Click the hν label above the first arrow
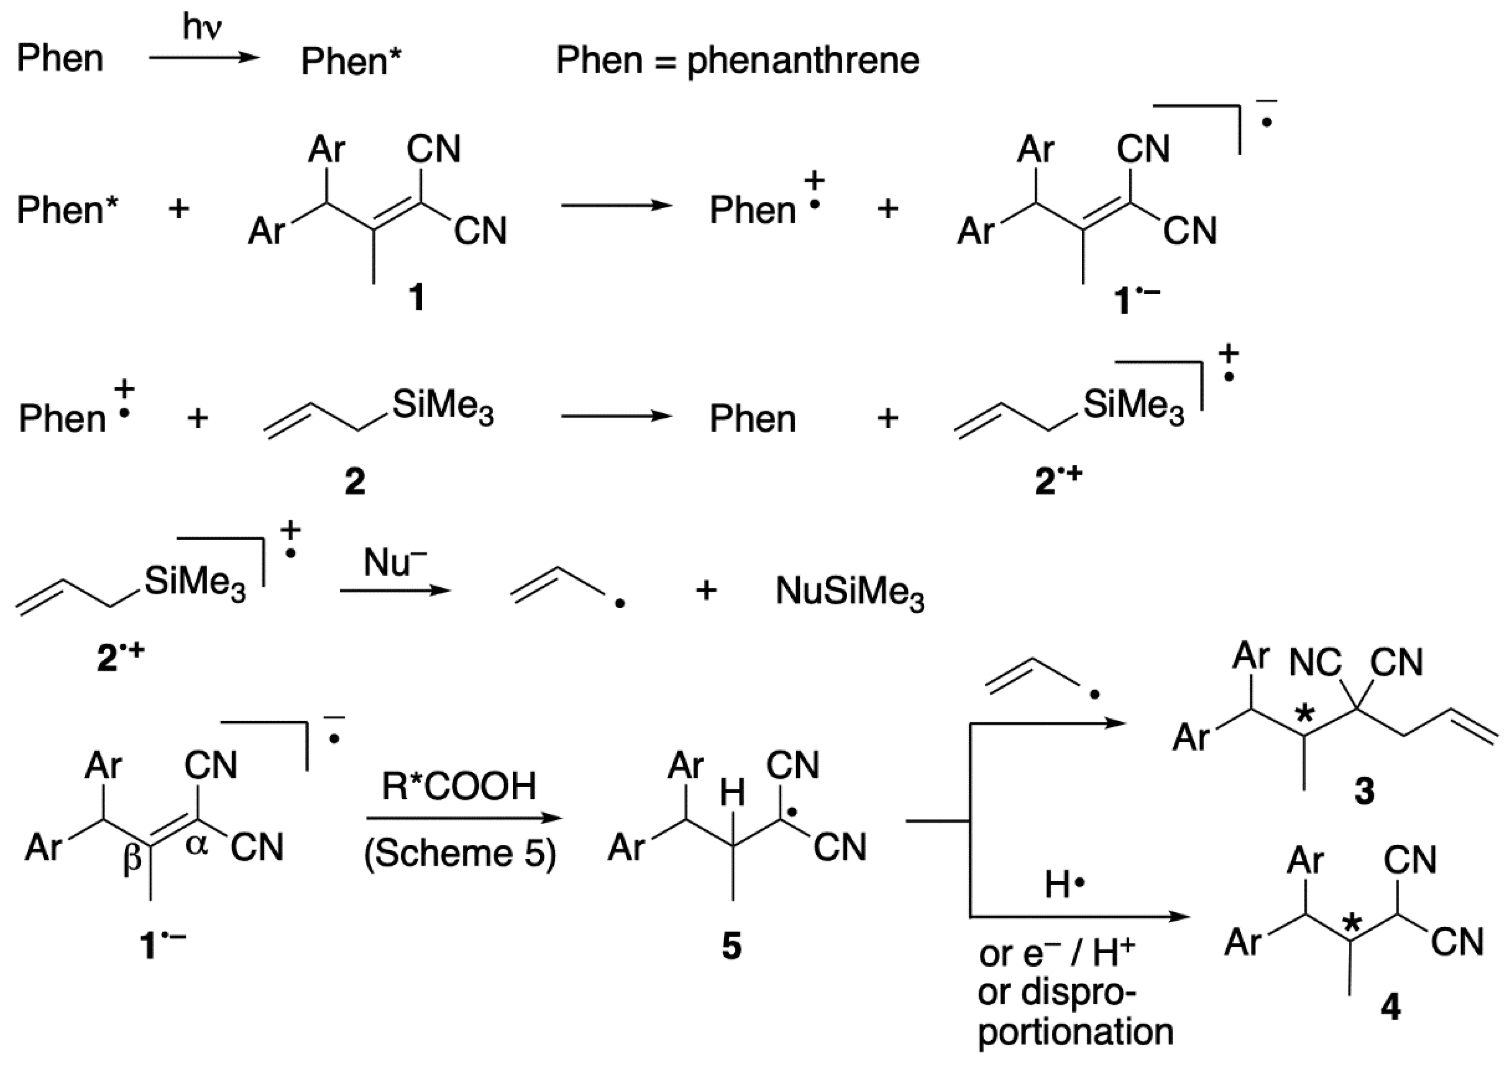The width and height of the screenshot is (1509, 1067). point(202,28)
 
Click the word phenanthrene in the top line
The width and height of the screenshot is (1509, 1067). point(803,61)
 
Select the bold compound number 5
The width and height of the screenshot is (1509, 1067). point(731,947)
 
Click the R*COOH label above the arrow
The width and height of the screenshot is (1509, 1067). point(459,786)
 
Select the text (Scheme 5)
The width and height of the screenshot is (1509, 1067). point(460,853)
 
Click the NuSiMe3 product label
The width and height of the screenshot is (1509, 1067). point(850,592)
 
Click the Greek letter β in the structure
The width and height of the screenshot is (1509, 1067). point(133,859)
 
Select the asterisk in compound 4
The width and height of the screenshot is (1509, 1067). point(1351,924)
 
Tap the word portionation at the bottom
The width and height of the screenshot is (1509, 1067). point(1075,1032)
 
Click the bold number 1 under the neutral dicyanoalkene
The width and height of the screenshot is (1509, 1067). point(417,297)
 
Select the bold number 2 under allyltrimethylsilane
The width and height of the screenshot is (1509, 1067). point(355,482)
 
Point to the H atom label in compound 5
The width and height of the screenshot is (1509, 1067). point(732,793)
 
